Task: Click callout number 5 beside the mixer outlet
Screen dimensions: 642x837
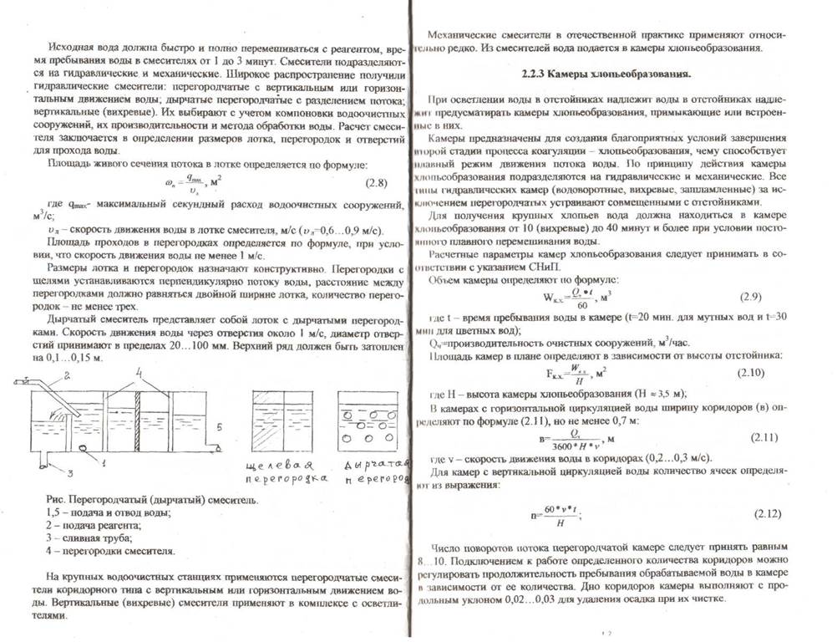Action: click(219, 429)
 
